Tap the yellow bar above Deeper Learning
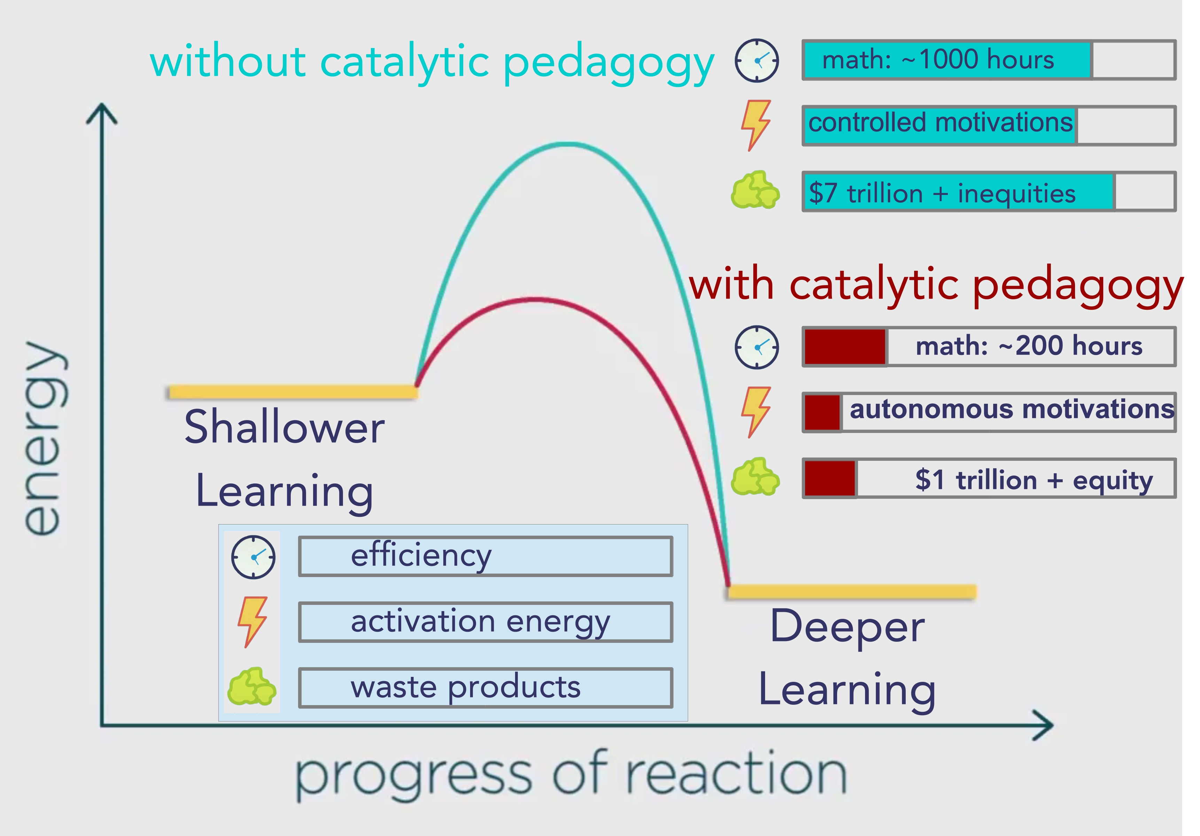point(852,591)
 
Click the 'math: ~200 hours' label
point(1029,346)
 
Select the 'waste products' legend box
point(485,688)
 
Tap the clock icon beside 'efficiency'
point(254,557)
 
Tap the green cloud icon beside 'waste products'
point(251,687)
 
